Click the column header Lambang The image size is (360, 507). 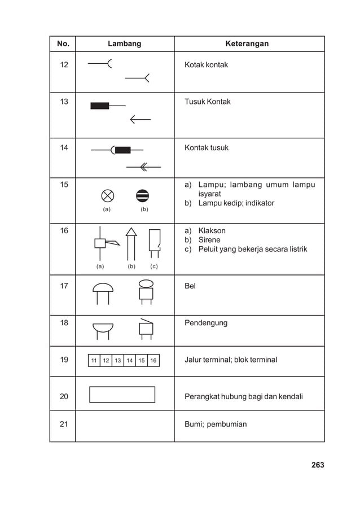[x=124, y=43]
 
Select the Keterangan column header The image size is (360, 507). [x=247, y=43]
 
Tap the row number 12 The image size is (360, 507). [x=64, y=65]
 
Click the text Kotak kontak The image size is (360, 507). [x=206, y=65]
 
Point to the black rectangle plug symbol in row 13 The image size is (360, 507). [x=100, y=106]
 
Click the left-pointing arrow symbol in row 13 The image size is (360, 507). [x=140, y=119]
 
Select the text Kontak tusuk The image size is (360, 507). [x=207, y=148]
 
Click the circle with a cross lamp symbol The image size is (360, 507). [x=107, y=195]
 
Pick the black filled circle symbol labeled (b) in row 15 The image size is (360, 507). [x=143, y=195]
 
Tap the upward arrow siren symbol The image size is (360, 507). [x=131, y=243]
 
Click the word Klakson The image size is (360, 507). [x=212, y=231]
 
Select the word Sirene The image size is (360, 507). [x=209, y=240]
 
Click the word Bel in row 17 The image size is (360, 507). [x=190, y=286]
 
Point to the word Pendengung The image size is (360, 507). [x=205, y=323]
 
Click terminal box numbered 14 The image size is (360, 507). [x=130, y=361]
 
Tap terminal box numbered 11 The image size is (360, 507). [x=94, y=361]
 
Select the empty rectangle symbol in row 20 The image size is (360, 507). [x=122, y=395]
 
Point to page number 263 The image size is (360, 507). [x=317, y=465]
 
